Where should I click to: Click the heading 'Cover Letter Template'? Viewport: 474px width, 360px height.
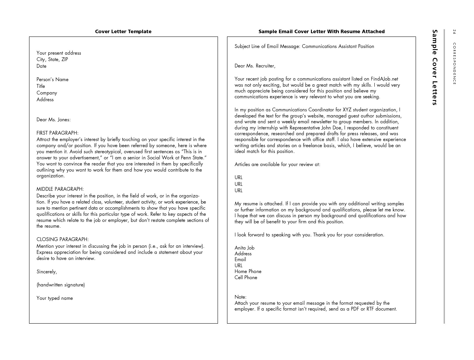[123, 31]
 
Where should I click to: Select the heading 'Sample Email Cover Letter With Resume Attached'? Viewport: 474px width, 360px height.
[321, 31]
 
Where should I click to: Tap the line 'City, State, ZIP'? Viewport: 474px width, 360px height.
[52, 59]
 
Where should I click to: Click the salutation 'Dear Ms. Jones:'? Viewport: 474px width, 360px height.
[53, 120]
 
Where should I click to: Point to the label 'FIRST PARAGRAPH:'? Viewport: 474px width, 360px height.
[57, 133]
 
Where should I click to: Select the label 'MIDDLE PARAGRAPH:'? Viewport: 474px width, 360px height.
[60, 189]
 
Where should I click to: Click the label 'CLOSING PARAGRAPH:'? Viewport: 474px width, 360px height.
[62, 239]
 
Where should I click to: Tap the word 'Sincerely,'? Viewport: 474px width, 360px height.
[47, 272]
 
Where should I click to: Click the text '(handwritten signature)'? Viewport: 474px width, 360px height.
[60, 285]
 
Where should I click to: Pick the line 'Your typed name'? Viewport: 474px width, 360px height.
[55, 298]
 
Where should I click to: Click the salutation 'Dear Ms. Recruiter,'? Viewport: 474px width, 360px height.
[255, 66]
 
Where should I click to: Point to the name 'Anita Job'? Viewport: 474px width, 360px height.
[244, 248]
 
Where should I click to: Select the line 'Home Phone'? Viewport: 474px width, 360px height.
[248, 271]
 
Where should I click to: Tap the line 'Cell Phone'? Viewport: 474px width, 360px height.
[246, 277]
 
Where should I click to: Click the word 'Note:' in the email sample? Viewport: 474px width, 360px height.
[240, 297]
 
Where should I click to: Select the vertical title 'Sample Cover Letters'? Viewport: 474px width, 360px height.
[435, 67]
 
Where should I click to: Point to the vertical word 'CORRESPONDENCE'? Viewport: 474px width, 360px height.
[454, 64]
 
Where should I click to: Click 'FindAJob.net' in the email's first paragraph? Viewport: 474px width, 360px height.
[384, 79]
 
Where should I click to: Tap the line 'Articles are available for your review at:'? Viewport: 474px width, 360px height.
[277, 164]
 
